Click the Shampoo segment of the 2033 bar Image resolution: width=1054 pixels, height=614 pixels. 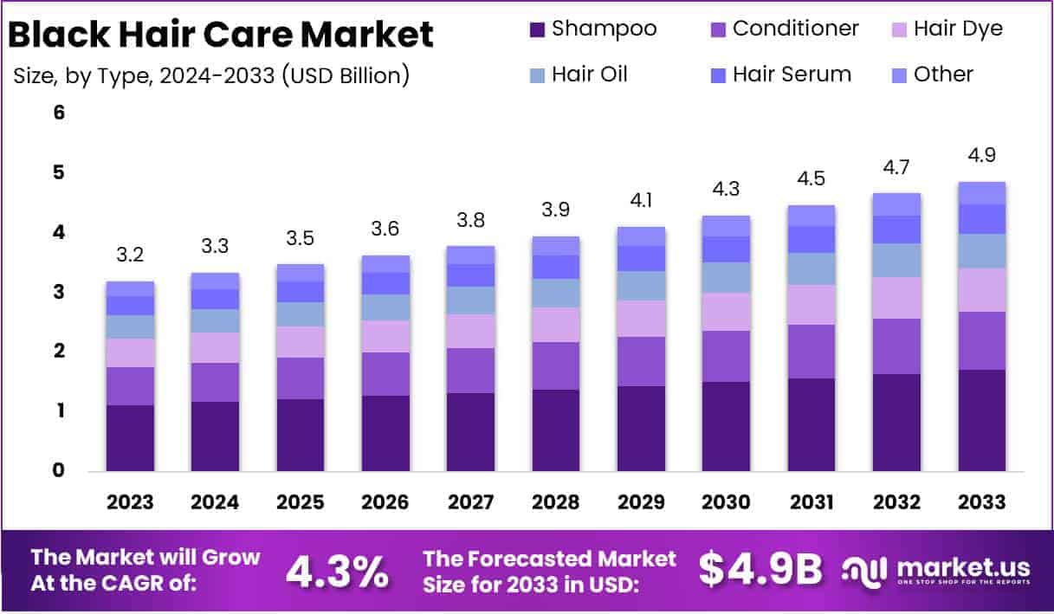click(x=982, y=420)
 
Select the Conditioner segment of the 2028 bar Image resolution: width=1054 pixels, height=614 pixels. click(x=556, y=365)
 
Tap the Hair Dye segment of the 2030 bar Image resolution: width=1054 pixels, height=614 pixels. click(x=726, y=312)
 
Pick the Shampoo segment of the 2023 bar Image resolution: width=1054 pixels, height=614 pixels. click(x=130, y=437)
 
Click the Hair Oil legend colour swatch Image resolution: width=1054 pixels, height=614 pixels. click(x=537, y=75)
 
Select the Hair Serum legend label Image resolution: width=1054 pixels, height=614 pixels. click(x=792, y=74)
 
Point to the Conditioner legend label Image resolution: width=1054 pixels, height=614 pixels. click(x=795, y=29)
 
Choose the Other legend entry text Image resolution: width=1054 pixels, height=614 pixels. click(x=944, y=74)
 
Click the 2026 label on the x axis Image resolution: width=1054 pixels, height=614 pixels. click(x=385, y=502)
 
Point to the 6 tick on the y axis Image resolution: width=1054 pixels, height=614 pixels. click(x=60, y=113)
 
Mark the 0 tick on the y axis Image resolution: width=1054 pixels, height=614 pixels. click(x=60, y=470)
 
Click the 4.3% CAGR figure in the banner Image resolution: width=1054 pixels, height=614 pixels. click(x=338, y=570)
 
